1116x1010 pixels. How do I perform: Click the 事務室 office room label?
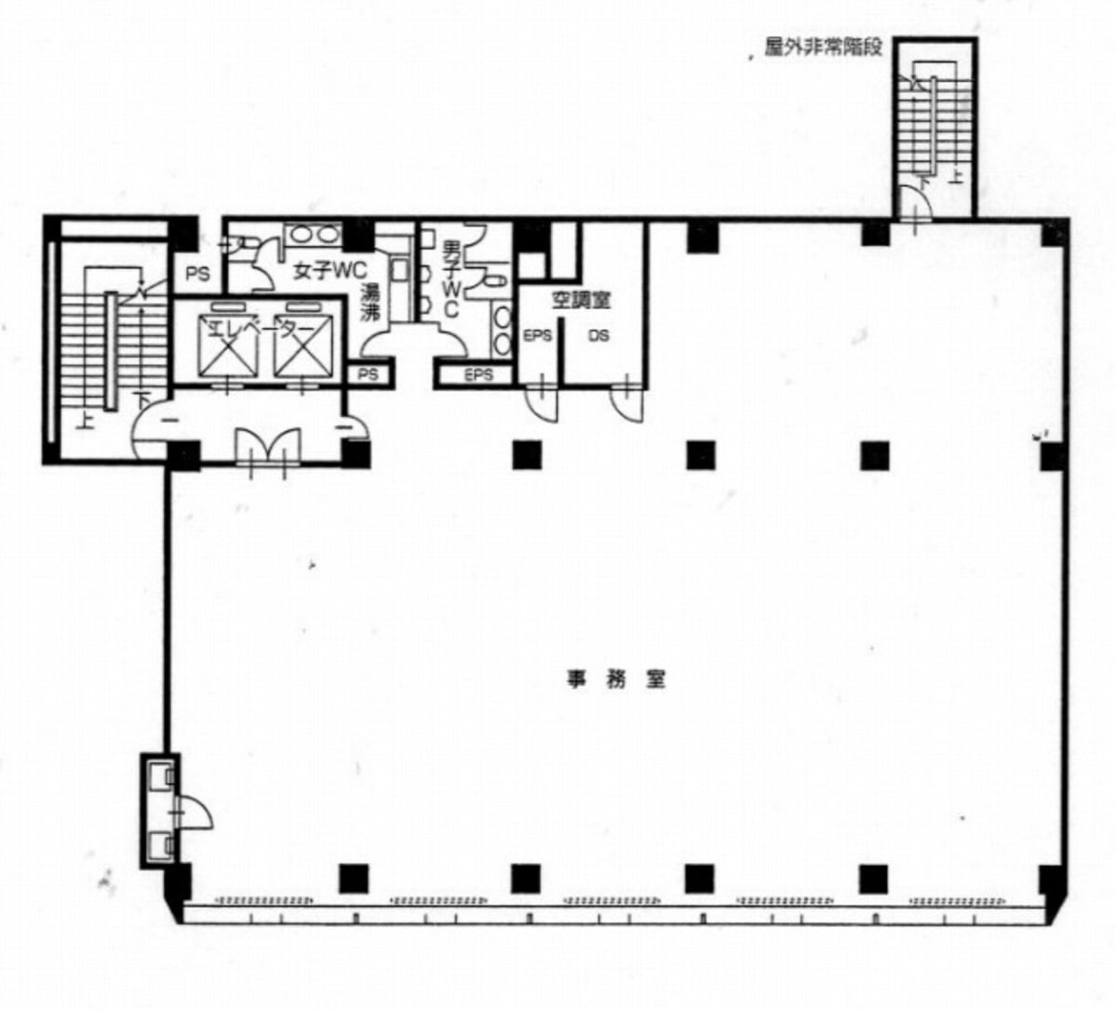[616, 680]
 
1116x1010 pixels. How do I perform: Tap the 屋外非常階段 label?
[824, 47]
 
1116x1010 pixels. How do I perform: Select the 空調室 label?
[581, 301]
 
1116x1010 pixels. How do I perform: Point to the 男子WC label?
[450, 278]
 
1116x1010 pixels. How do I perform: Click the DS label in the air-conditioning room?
[598, 335]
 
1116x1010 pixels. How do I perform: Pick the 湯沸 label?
[370, 303]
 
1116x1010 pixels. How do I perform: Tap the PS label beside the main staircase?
[198, 274]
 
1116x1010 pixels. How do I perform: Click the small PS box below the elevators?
[368, 374]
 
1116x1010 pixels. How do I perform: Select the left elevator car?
[228, 346]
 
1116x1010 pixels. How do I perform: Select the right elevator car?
[303, 346]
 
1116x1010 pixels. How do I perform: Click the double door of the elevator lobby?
[268, 449]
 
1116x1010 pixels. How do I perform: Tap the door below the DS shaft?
[627, 403]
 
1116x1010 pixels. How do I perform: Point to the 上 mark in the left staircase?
[86, 422]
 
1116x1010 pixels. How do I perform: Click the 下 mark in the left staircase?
[143, 398]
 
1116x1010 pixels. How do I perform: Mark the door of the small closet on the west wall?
[192, 812]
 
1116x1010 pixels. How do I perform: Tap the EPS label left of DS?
[537, 335]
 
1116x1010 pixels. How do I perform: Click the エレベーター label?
[261, 329]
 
